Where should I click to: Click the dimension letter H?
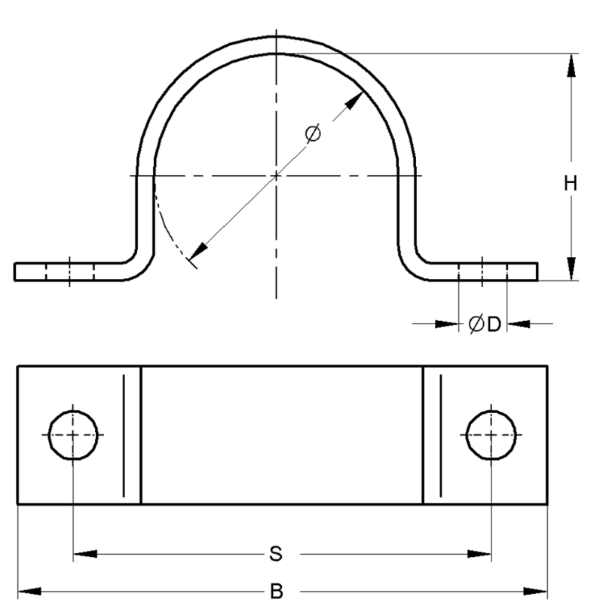pyautogui.click(x=572, y=183)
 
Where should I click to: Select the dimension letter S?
pyautogui.click(x=276, y=554)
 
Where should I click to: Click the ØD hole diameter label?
pyautogui.click(x=485, y=324)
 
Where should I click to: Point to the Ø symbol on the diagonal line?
pyautogui.click(x=313, y=134)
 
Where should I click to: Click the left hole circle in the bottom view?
pyautogui.click(x=72, y=436)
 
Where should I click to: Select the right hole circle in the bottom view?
pyautogui.click(x=491, y=436)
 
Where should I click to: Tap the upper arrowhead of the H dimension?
pyautogui.click(x=572, y=65)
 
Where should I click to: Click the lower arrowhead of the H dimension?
pyautogui.click(x=572, y=269)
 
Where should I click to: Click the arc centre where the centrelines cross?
pyautogui.click(x=277, y=176)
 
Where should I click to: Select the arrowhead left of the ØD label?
pyautogui.click(x=448, y=324)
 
